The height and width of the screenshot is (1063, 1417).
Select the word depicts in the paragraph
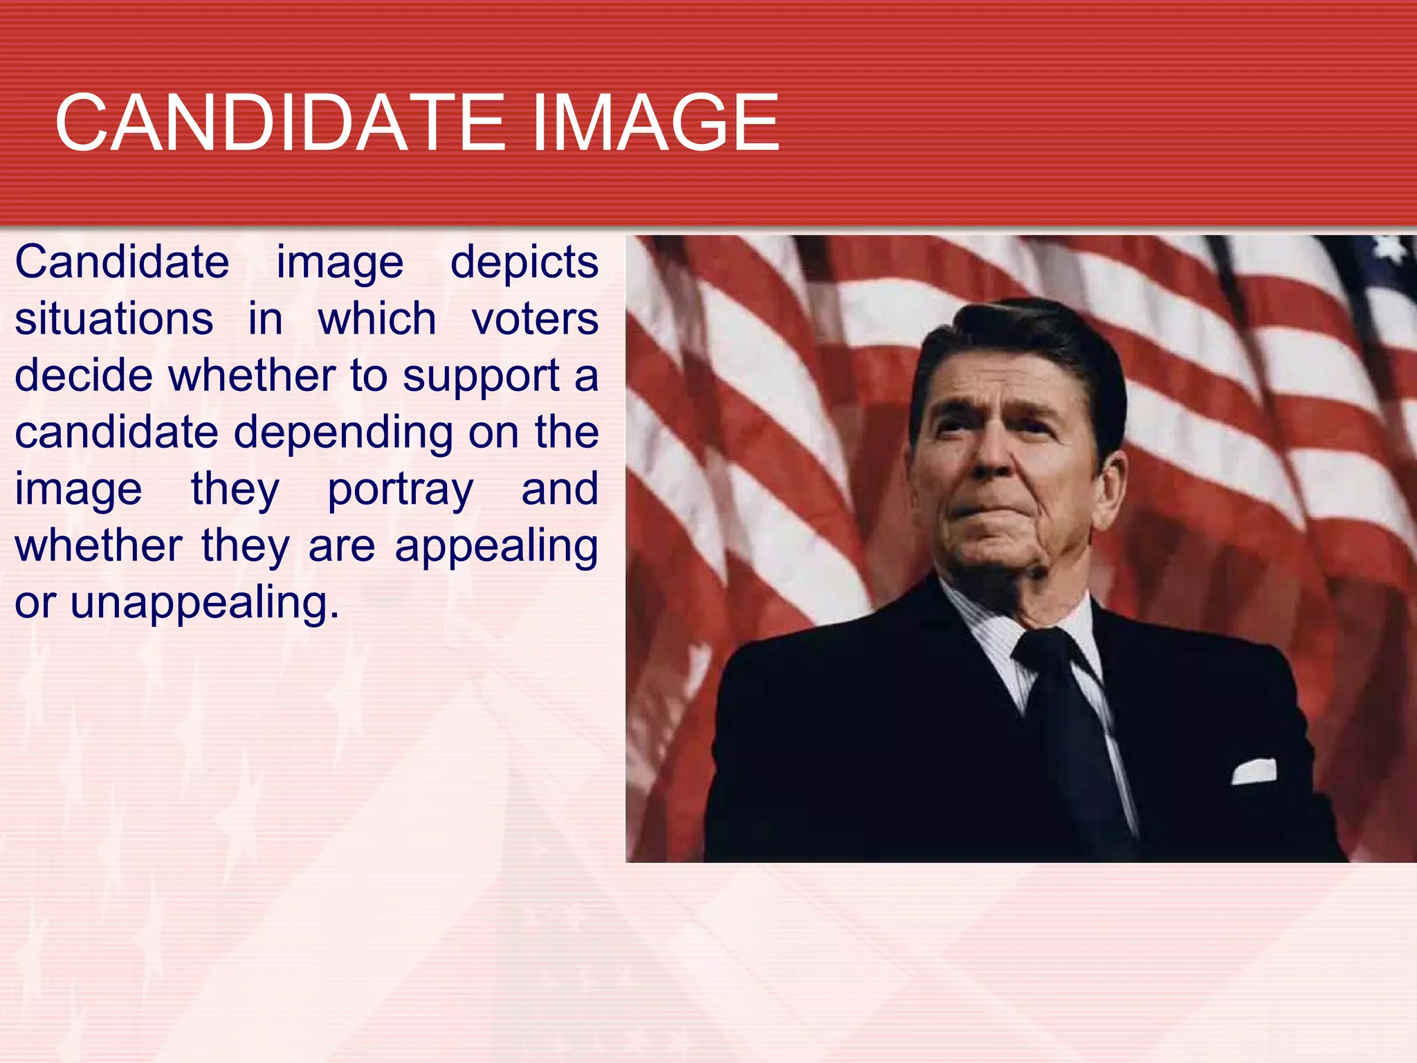pos(524,263)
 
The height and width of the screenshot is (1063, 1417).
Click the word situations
pos(114,319)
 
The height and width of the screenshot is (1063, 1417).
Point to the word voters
pos(535,319)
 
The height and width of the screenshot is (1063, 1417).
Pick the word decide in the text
pos(84,376)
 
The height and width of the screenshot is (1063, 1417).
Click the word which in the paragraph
pos(377,319)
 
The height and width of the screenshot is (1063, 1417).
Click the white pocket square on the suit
pos(1254,772)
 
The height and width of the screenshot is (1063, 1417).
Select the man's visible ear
pos(1109,484)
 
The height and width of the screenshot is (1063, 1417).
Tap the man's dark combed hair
pos(1024,339)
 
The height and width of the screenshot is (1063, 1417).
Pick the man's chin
pos(996,554)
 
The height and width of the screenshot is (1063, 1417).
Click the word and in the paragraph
pos(559,490)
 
